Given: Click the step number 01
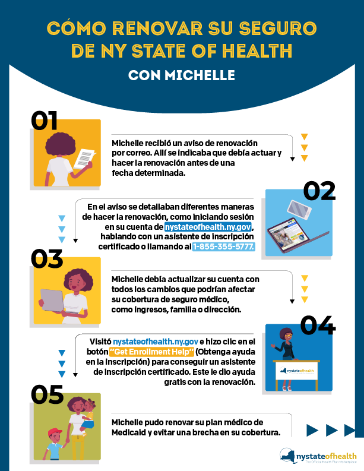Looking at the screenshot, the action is pyautogui.click(x=44, y=121).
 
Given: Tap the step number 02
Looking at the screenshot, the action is pyautogui.click(x=319, y=191).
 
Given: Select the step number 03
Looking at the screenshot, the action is pyautogui.click(x=47, y=258).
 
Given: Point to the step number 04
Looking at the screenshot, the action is pyautogui.click(x=318, y=325).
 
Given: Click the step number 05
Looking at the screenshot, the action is pyautogui.click(x=47, y=394).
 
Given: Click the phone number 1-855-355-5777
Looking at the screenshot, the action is pyautogui.click(x=223, y=246).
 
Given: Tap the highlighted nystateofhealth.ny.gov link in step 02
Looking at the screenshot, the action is pyautogui.click(x=208, y=226).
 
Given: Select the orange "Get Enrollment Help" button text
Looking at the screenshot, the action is pyautogui.click(x=151, y=352).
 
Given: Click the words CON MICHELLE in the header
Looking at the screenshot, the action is pyautogui.click(x=182, y=75).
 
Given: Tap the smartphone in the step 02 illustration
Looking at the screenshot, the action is pyautogui.click(x=299, y=209).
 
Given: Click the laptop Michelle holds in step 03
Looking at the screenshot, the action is pyautogui.click(x=52, y=301).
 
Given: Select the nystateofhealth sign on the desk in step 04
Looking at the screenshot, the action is pyautogui.click(x=297, y=371).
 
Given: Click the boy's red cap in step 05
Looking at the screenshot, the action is pyautogui.click(x=55, y=432).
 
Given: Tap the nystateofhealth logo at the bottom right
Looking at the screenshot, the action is pyautogui.click(x=318, y=456).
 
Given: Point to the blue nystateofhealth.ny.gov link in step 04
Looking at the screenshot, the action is pyautogui.click(x=156, y=342).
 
